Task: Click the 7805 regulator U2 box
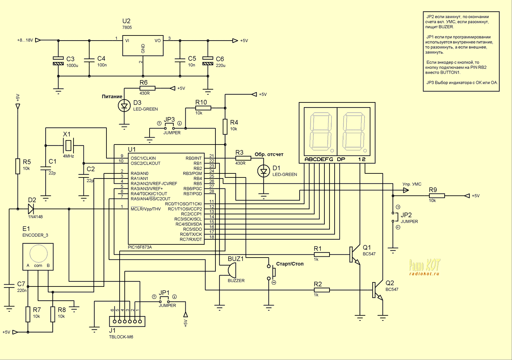pyautogui.click(x=143, y=45)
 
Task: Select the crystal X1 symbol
pyautogui.click(x=68, y=145)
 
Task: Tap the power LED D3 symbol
pyautogui.click(x=124, y=106)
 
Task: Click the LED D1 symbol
pyautogui.click(x=264, y=171)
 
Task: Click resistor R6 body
pyautogui.click(x=147, y=88)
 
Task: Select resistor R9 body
pyautogui.click(x=437, y=196)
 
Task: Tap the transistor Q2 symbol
pyautogui.click(x=377, y=290)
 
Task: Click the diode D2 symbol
pyautogui.click(x=31, y=209)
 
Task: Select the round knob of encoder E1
pyautogui.click(x=38, y=254)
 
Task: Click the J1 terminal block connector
pyautogui.click(x=127, y=321)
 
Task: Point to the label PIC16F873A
pyautogui.click(x=140, y=247)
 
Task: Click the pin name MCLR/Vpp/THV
pyautogui.click(x=146, y=209)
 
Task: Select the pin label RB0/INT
pyautogui.click(x=193, y=158)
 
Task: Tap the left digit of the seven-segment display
pyautogui.click(x=320, y=132)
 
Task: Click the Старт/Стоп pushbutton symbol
pyautogui.click(x=271, y=272)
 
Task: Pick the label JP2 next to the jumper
pyautogui.click(x=406, y=215)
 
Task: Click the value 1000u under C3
pyautogui.click(x=72, y=65)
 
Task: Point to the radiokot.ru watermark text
pyautogui.click(x=424, y=274)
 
